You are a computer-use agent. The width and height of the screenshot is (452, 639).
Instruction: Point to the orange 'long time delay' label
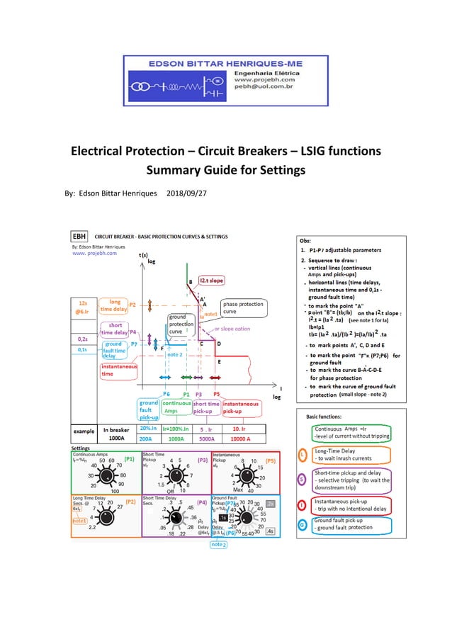(113, 305)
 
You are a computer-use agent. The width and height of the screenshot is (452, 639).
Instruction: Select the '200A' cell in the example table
(149, 439)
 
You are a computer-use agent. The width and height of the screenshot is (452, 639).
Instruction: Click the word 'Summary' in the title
(180, 171)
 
